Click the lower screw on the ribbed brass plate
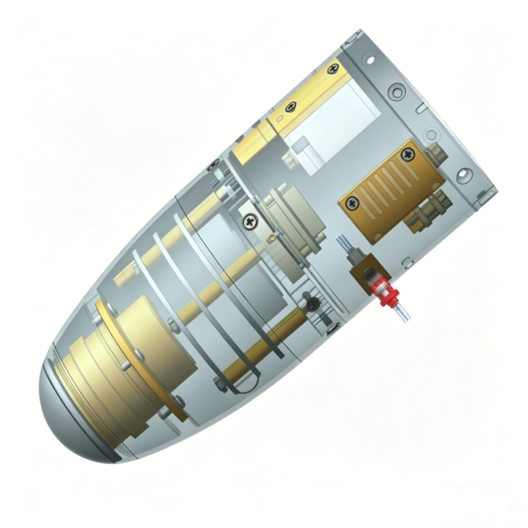click(x=352, y=201)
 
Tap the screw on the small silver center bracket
click(x=248, y=220)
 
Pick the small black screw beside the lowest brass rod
click(x=312, y=304)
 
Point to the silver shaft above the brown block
click(x=346, y=247)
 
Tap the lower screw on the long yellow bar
click(x=290, y=106)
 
